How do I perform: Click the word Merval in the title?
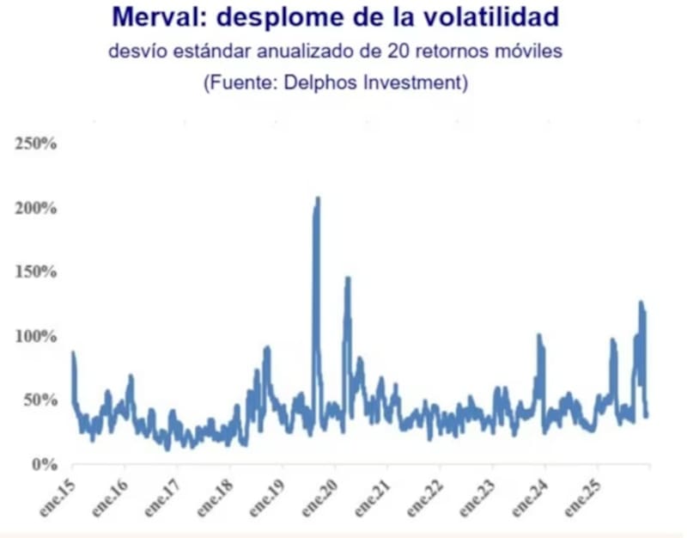coord(154,17)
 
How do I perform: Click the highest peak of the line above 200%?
coord(318,199)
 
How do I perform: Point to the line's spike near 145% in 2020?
coord(348,278)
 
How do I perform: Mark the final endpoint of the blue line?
coord(647,415)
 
